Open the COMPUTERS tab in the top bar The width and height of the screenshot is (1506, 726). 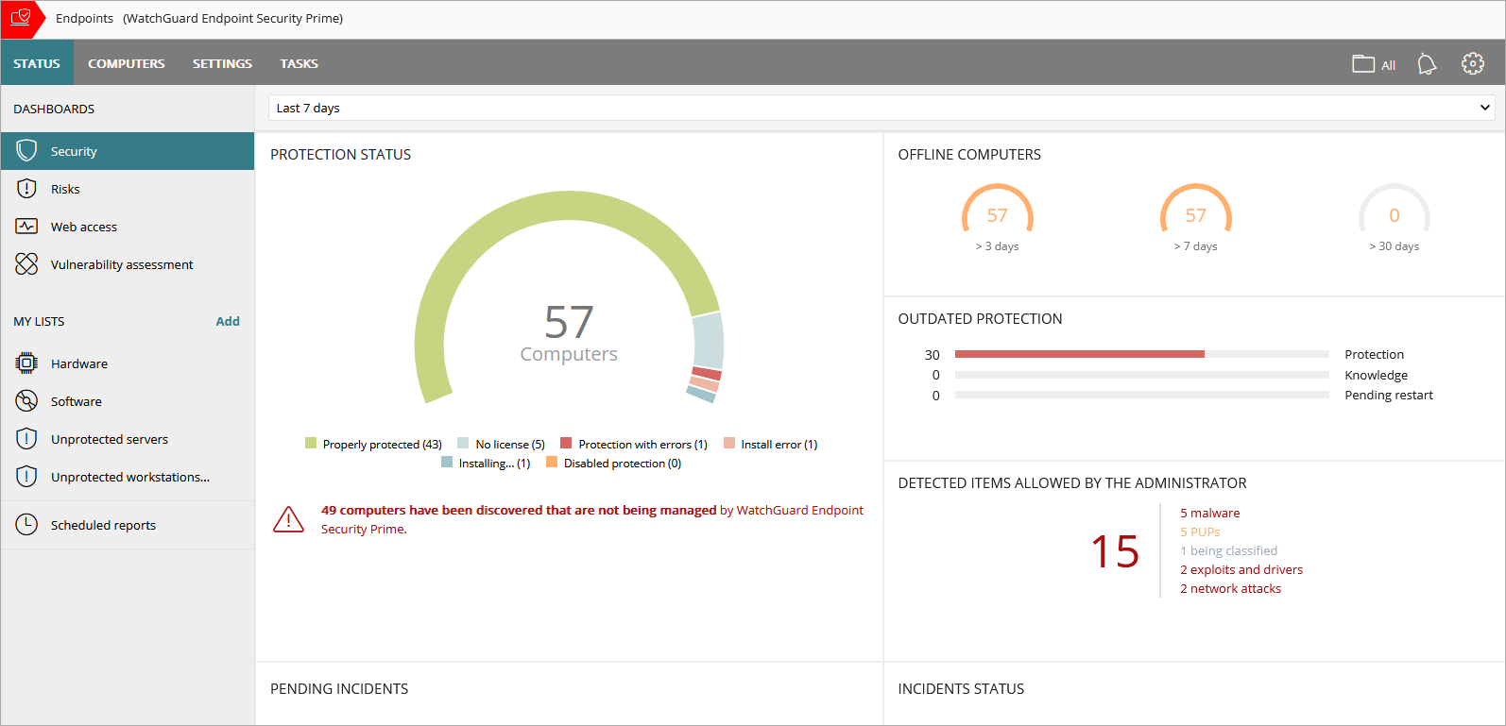126,64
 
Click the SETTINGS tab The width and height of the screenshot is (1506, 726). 222,64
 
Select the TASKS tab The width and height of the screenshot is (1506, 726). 299,64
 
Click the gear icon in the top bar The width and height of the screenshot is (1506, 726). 1472,63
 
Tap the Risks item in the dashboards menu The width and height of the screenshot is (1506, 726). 65,190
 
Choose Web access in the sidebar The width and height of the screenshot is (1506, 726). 84,228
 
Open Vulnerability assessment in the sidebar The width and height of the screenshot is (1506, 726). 122,265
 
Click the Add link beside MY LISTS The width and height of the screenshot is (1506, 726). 228,322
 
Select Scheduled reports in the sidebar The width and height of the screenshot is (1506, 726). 103,526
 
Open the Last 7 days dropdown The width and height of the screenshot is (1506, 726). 881,109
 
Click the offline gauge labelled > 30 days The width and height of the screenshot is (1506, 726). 1394,217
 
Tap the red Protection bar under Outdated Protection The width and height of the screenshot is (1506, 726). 1079,354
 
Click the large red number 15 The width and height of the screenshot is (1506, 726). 1115,551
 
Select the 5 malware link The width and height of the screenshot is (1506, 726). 1209,514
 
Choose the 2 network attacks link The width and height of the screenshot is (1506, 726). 1230,589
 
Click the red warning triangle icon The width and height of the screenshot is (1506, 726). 288,519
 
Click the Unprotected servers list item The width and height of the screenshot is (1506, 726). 110,440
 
